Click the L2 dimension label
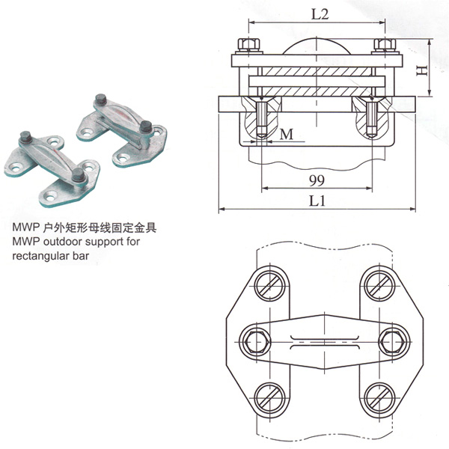318,14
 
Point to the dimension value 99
317,180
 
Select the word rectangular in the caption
48,255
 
